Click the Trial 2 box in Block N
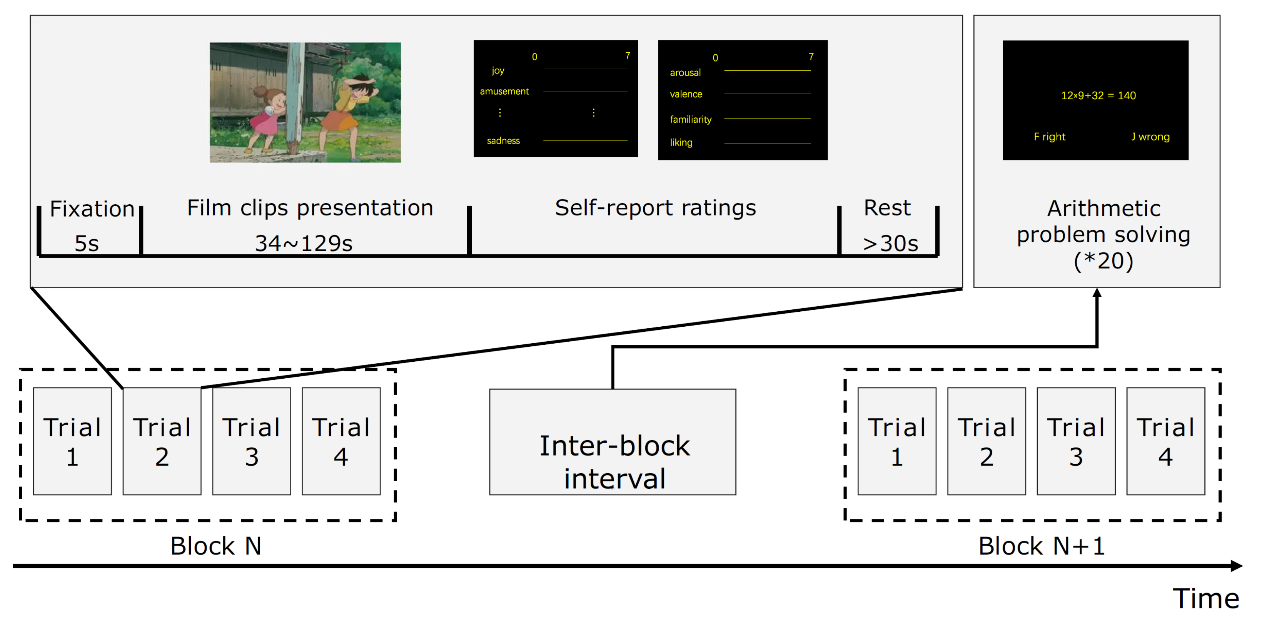(x=162, y=441)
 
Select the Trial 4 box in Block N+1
(x=1165, y=441)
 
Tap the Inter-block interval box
(x=613, y=442)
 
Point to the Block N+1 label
(x=1042, y=546)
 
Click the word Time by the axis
(x=1206, y=598)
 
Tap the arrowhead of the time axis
(x=1237, y=566)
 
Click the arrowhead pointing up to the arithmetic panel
(x=1097, y=292)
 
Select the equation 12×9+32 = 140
(x=1098, y=95)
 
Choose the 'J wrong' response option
(x=1150, y=137)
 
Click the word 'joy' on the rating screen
(x=498, y=70)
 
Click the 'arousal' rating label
(x=685, y=72)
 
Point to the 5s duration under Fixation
(x=87, y=244)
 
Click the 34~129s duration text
(x=304, y=244)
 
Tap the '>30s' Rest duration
(x=891, y=244)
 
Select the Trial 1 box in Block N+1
(x=897, y=441)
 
